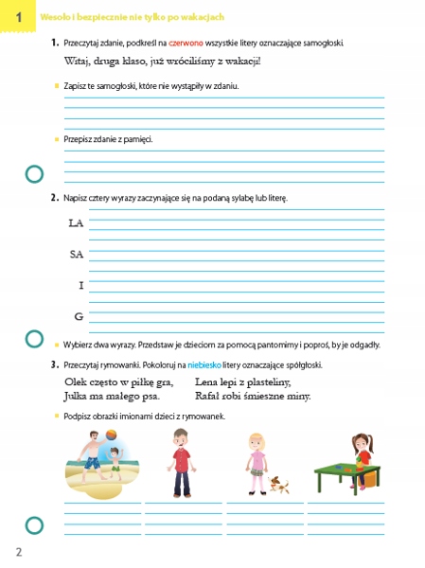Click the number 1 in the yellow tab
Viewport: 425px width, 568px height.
coord(17,16)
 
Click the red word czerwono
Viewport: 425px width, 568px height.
coord(185,44)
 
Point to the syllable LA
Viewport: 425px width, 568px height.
coord(76,223)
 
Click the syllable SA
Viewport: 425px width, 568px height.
coord(76,254)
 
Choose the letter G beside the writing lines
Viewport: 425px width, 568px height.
coord(79,315)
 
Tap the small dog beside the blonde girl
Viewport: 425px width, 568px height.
coord(278,485)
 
